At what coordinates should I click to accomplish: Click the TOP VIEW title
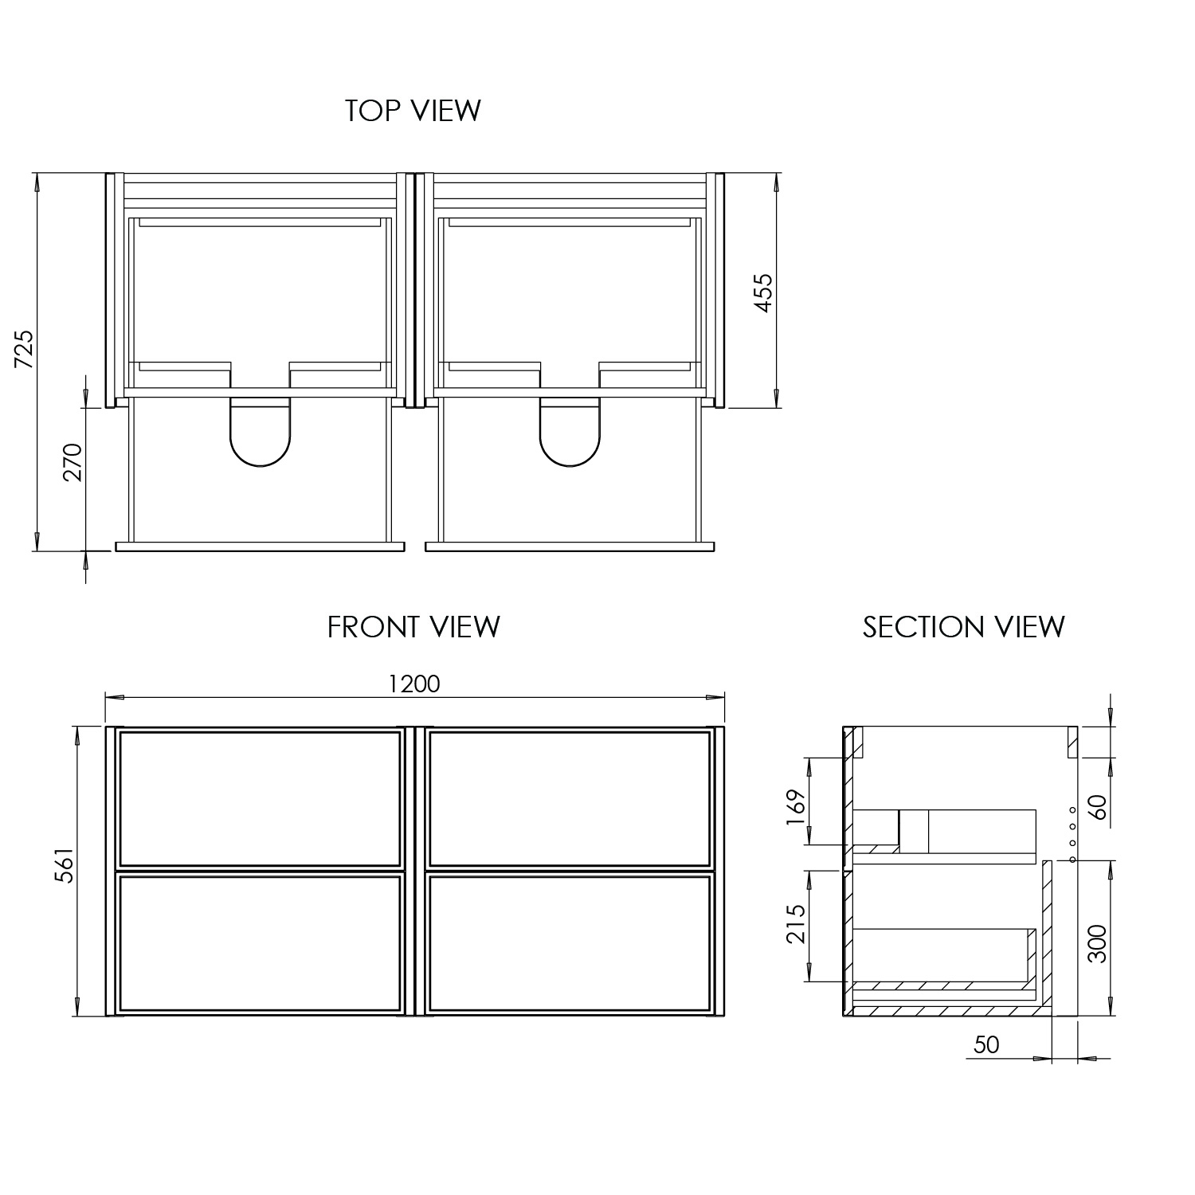pyautogui.click(x=413, y=111)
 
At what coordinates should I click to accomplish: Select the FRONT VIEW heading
pyautogui.click(x=413, y=627)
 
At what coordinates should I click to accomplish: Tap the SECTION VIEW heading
pyautogui.click(x=963, y=627)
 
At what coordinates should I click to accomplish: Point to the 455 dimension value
pyautogui.click(x=763, y=292)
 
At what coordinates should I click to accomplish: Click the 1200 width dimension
pyautogui.click(x=414, y=684)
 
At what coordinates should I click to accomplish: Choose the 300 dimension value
pyautogui.click(x=1098, y=943)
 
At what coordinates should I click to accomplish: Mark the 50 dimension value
pyautogui.click(x=986, y=1044)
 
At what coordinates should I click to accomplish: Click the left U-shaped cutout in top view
pyautogui.click(x=261, y=434)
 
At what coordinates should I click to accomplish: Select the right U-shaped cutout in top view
pyautogui.click(x=570, y=434)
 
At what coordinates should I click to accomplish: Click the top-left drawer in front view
pyautogui.click(x=260, y=799)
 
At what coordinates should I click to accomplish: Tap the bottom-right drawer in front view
pyautogui.click(x=569, y=943)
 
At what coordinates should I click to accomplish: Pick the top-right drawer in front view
pyautogui.click(x=569, y=799)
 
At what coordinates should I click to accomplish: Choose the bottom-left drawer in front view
pyautogui.click(x=260, y=943)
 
